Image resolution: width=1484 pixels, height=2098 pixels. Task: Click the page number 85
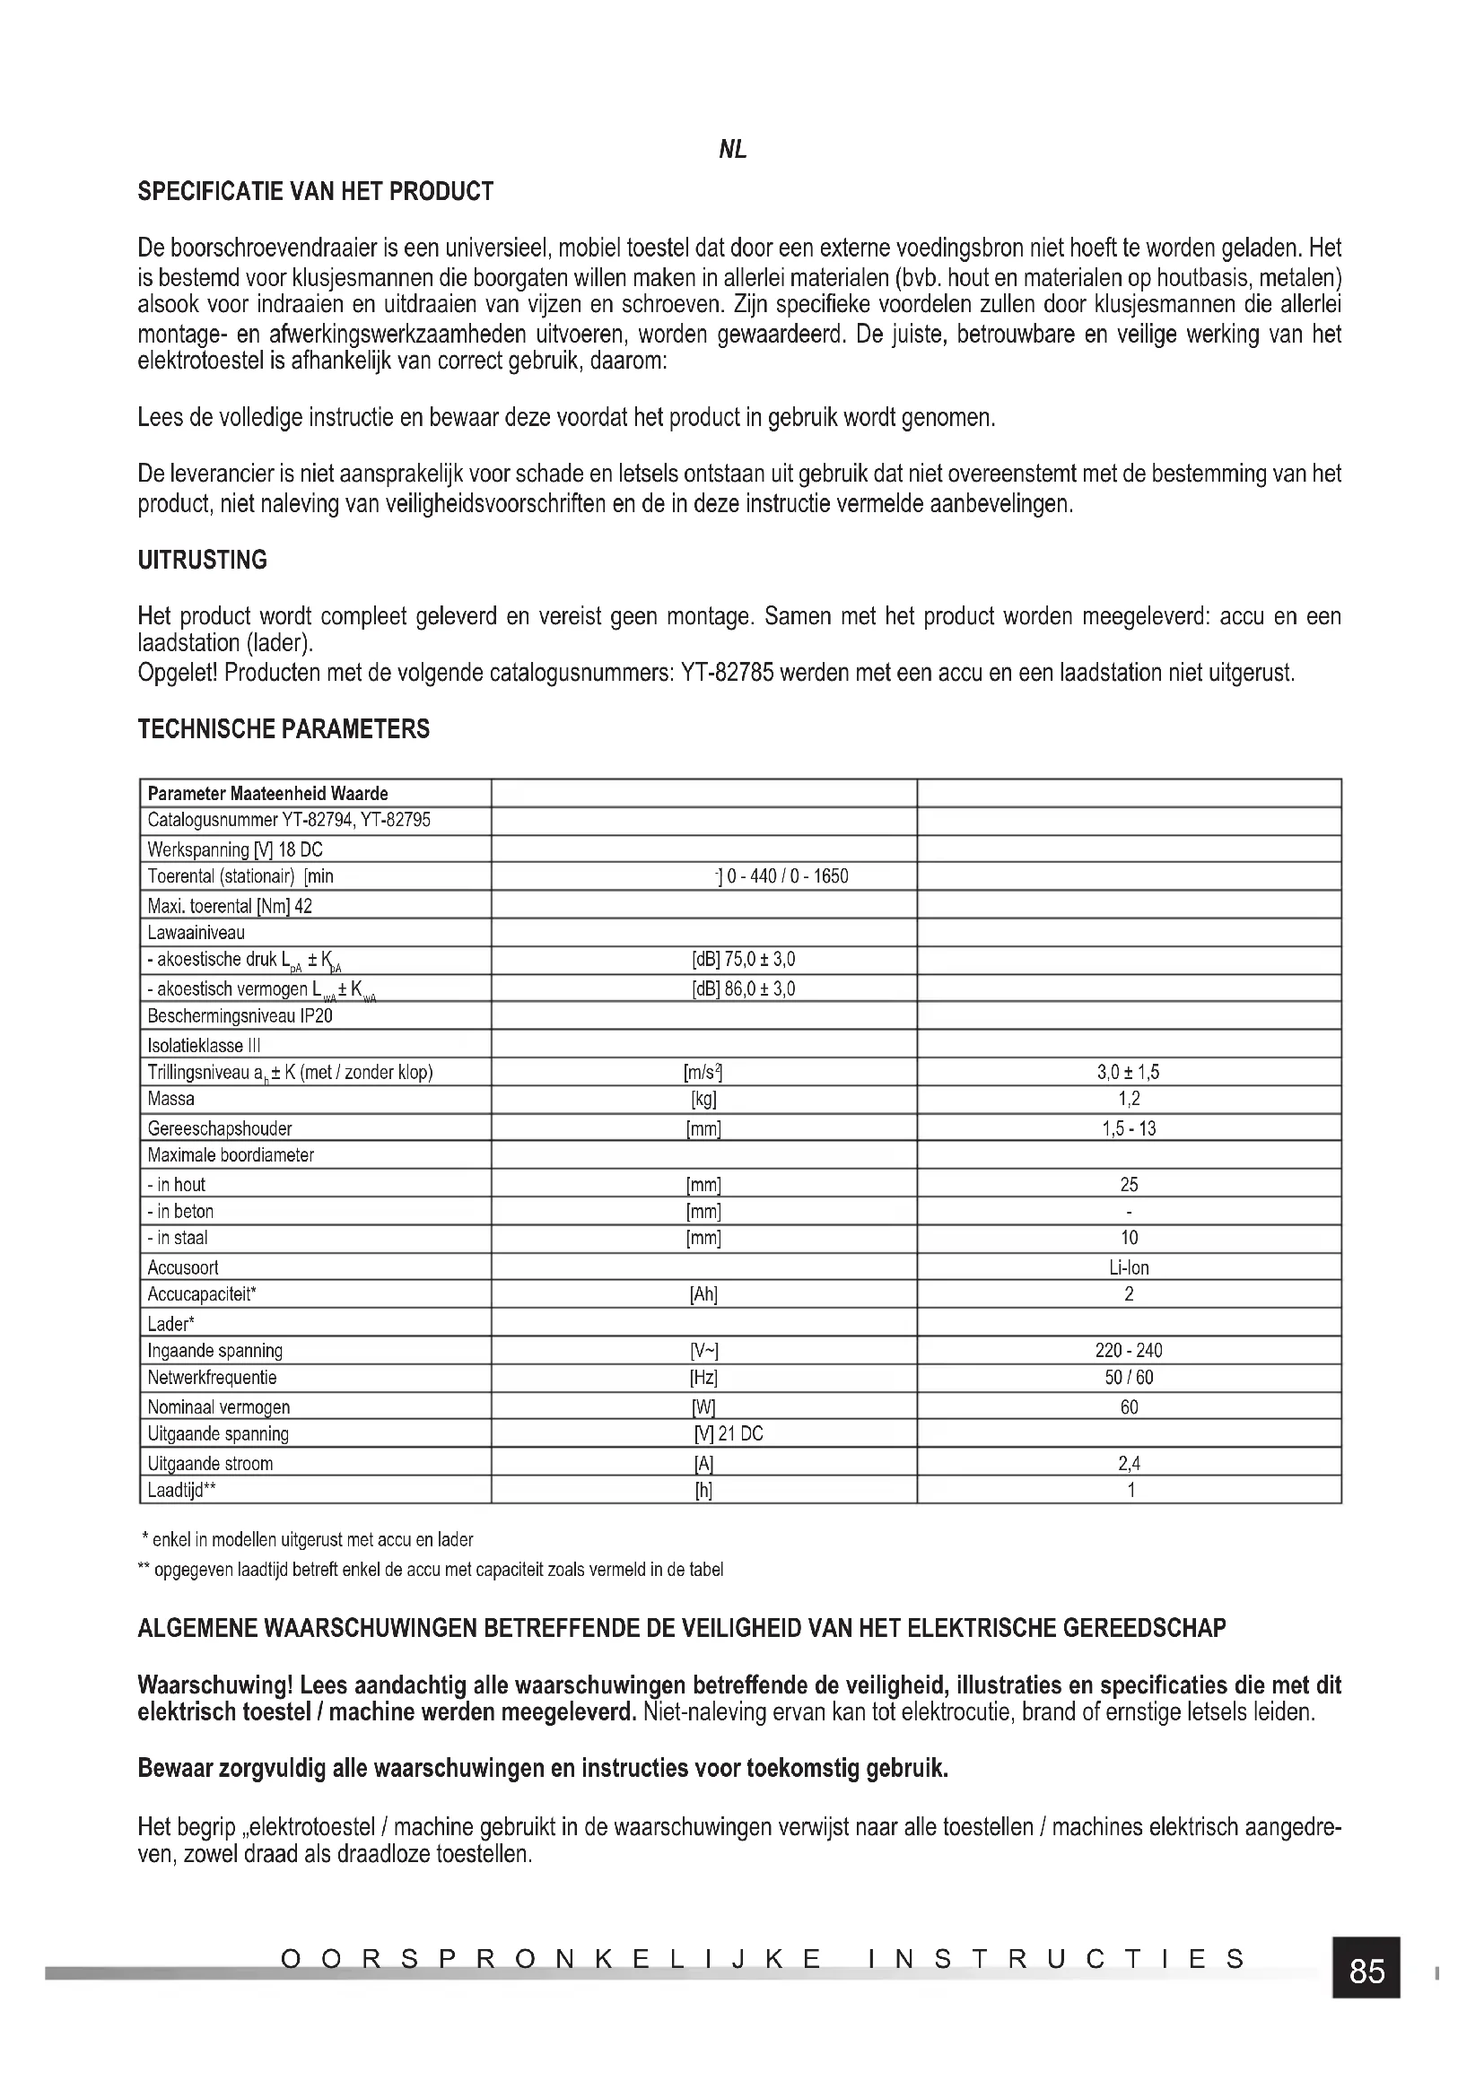pyautogui.click(x=1366, y=1972)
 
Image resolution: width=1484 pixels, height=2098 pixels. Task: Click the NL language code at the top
pyautogui.click(x=733, y=150)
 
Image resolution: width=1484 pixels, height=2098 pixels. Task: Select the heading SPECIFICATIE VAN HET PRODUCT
pyautogui.click(x=315, y=192)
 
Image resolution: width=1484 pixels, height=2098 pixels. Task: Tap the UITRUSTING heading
pyautogui.click(x=202, y=560)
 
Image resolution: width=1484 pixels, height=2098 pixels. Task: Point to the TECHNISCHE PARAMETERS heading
pyautogui.click(x=284, y=729)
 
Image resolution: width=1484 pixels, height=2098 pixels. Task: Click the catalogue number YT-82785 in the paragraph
pyautogui.click(x=728, y=674)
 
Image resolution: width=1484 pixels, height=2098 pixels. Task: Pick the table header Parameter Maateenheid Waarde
pyautogui.click(x=267, y=793)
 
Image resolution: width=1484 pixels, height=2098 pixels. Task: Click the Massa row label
pyautogui.click(x=170, y=1099)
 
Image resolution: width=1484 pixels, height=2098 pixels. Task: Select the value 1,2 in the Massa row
pyautogui.click(x=1129, y=1099)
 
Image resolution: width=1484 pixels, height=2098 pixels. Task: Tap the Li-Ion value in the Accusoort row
pyautogui.click(x=1129, y=1267)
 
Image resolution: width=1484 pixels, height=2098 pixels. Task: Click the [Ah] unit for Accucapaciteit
pyautogui.click(x=703, y=1294)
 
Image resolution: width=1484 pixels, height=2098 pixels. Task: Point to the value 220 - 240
pyautogui.click(x=1129, y=1351)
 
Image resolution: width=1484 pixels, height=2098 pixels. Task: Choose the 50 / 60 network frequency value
pyautogui.click(x=1129, y=1377)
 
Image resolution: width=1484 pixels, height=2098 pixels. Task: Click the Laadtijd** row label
pyautogui.click(x=182, y=1491)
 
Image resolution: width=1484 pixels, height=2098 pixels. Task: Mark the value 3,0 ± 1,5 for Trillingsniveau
pyautogui.click(x=1129, y=1072)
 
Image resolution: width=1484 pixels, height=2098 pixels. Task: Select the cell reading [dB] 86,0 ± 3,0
pyautogui.click(x=743, y=988)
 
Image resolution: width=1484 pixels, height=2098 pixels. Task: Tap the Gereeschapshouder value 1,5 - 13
pyautogui.click(x=1129, y=1128)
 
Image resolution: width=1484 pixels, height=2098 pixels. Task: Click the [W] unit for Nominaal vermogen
pyautogui.click(x=703, y=1407)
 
